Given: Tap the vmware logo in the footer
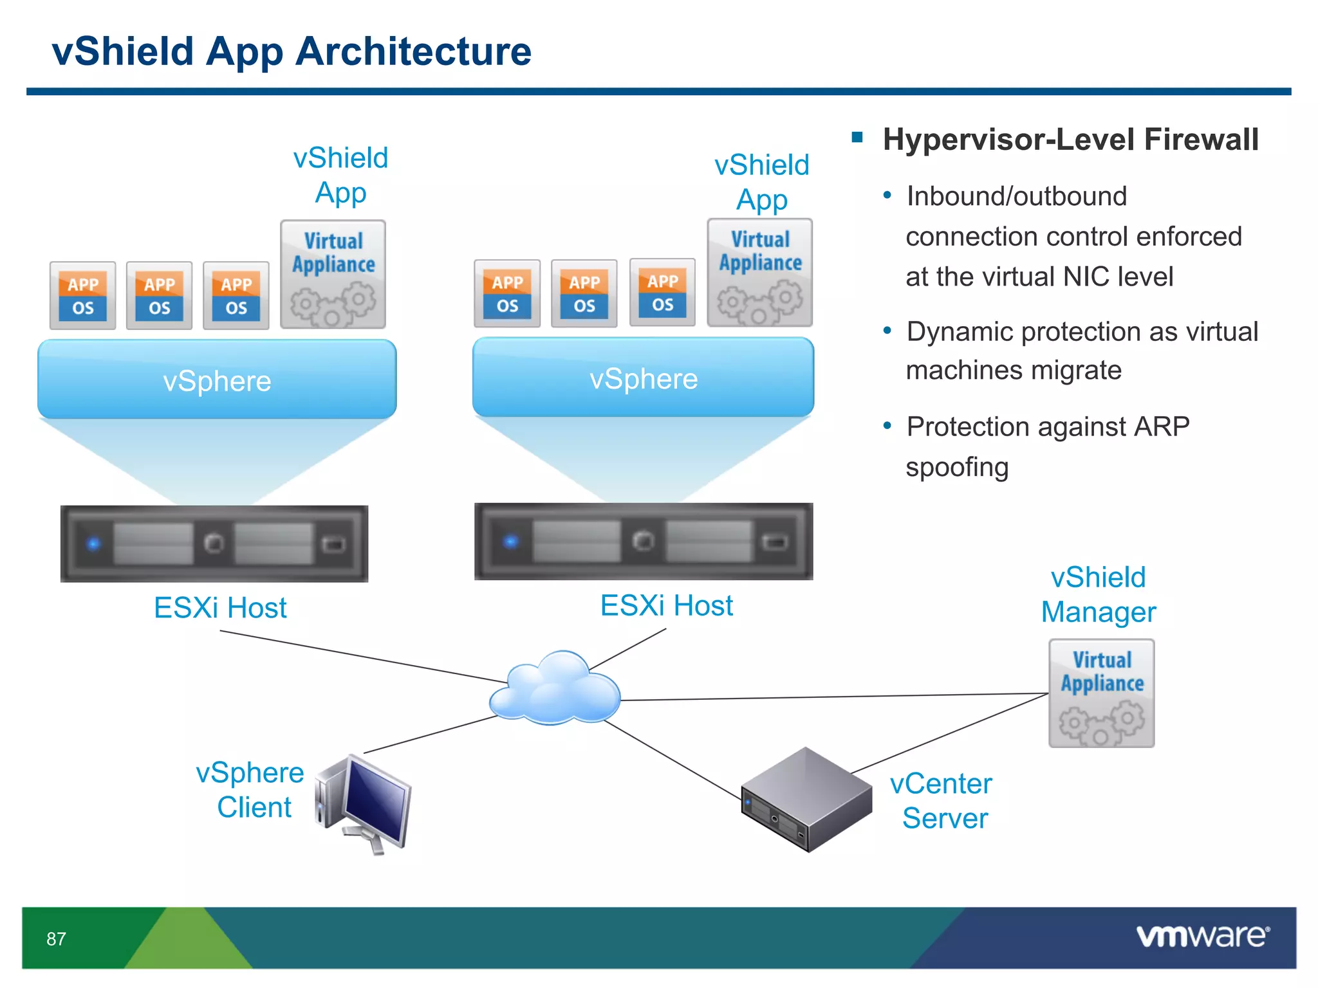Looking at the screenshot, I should tap(1202, 936).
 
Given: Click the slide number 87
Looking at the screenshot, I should tap(56, 939).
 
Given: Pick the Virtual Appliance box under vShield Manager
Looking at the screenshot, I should tap(1101, 693).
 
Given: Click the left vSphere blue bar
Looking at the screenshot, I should tap(217, 380).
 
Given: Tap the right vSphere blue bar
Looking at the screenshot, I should tap(643, 378).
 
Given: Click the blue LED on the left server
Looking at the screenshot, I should tap(94, 544).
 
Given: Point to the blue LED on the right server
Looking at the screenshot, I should tap(511, 542).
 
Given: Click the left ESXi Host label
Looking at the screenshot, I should tap(220, 608).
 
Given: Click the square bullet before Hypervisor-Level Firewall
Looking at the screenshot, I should tap(857, 136).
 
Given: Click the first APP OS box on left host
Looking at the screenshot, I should tap(83, 296).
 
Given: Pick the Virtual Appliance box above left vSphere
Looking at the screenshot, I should tap(333, 275).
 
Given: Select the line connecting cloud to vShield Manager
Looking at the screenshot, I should tap(837, 697).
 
